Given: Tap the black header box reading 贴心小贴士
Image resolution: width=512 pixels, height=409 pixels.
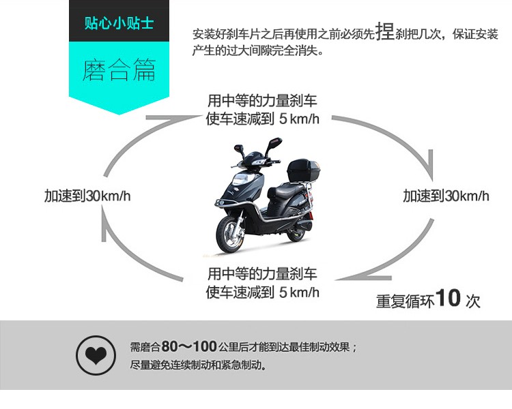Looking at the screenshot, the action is pos(119,23).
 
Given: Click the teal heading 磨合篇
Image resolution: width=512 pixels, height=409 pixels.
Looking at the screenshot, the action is pos(119,70).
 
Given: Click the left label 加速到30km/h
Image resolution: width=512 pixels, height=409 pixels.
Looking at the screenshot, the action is pos(87,196).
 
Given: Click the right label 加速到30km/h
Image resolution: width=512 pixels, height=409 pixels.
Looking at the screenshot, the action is pos(446,196).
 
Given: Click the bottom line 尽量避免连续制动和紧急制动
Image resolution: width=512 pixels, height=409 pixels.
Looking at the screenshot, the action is pos(198,365).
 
